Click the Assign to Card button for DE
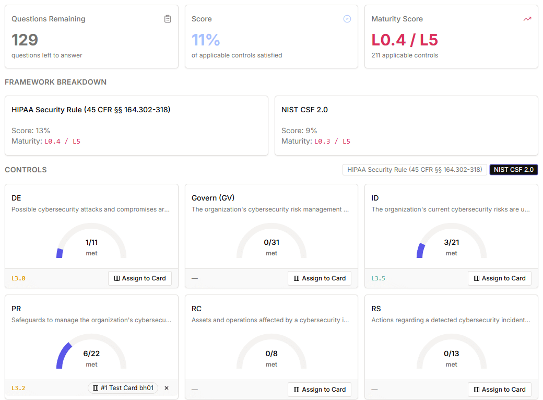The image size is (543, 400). [140, 278]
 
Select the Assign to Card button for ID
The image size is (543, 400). [499, 278]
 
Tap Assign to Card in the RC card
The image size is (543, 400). [320, 390]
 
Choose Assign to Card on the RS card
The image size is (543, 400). [499, 390]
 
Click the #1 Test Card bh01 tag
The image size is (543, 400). [123, 388]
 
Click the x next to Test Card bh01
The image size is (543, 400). [167, 388]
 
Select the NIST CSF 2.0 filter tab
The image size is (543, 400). [513, 170]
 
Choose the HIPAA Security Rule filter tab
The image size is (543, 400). [415, 170]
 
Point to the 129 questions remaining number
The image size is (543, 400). [25, 40]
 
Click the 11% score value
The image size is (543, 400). [206, 40]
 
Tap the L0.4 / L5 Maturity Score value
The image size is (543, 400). [405, 40]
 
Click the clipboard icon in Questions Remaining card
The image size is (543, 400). [168, 19]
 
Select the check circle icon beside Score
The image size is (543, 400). [347, 19]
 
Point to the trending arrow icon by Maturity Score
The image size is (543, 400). [527, 19]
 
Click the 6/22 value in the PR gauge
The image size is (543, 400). [91, 354]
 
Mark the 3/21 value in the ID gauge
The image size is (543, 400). [451, 242]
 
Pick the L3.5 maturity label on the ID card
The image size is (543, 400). [378, 279]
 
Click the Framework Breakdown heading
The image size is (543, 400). [55, 82]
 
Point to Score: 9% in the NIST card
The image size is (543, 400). [299, 131]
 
